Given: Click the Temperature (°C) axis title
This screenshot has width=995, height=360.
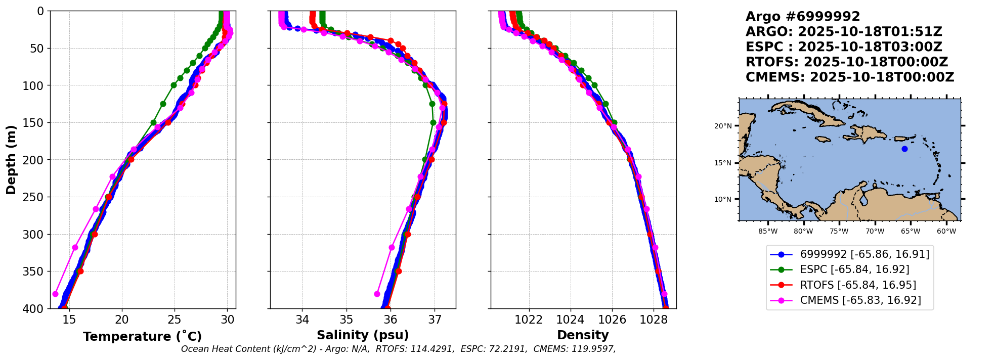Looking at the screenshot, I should tap(142, 336).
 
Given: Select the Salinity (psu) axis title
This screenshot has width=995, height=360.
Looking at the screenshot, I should tap(363, 335).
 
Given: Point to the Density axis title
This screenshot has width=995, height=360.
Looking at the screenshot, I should tap(583, 335).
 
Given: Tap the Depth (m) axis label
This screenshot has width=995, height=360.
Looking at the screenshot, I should tap(11, 159).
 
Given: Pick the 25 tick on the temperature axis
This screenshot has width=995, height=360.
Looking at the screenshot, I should tap(175, 320).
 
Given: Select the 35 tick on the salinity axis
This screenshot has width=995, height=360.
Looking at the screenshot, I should tap(347, 320).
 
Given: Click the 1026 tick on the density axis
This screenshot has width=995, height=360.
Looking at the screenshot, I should tap(612, 320).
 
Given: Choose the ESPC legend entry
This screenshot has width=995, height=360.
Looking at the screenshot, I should tap(854, 269).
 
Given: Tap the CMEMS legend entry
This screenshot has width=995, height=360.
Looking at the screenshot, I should tap(860, 300).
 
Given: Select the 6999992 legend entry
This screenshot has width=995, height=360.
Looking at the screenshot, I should tap(864, 254).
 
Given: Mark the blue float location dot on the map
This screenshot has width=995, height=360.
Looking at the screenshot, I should tap(904, 149).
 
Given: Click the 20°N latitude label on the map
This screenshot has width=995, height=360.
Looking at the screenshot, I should tap(723, 126).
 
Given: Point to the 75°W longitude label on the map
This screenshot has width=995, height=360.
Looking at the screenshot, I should tap(839, 232).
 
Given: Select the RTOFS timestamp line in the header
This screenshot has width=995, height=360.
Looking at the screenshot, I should tap(846, 62).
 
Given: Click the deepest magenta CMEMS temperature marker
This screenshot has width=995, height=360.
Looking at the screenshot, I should tap(56, 294).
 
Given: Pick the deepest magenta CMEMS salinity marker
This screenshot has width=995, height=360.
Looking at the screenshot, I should tap(377, 294).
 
